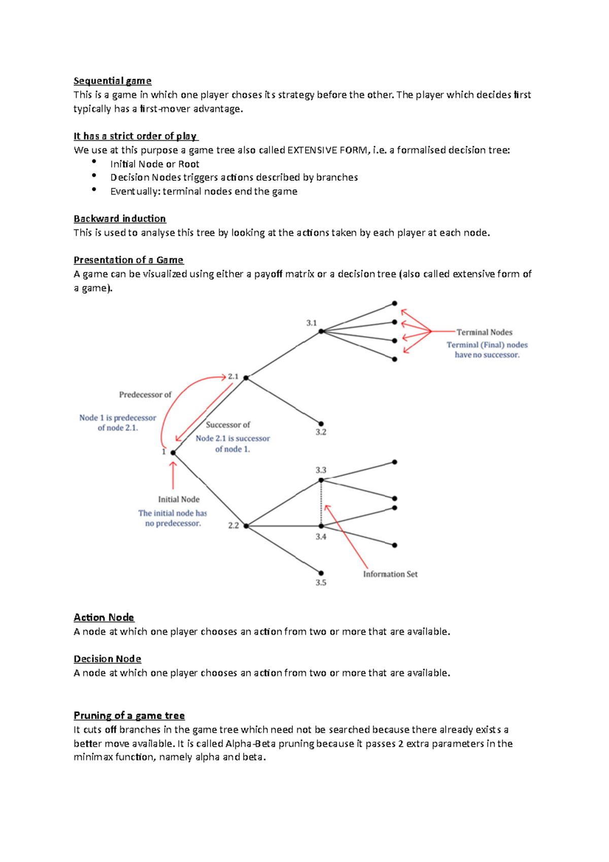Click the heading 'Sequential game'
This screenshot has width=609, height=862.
tap(112, 81)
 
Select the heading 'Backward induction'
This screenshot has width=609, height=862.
tap(120, 219)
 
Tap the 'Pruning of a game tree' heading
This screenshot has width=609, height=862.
tap(129, 716)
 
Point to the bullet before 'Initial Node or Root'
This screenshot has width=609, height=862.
tap(94, 161)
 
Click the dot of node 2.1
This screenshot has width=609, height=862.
tap(246, 378)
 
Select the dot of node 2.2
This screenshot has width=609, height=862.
tap(246, 526)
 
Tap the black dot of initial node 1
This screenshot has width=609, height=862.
tap(173, 452)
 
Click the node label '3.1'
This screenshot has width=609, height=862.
tap(312, 323)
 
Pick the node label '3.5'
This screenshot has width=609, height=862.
tap(321, 583)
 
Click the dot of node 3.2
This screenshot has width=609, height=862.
tap(321, 423)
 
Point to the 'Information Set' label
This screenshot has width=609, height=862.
tap(390, 574)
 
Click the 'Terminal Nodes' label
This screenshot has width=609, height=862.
tap(484, 333)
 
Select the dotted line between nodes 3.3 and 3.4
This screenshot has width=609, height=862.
tap(321, 503)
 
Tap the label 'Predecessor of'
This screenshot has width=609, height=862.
tap(145, 394)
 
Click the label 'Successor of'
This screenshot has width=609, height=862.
tap(228, 425)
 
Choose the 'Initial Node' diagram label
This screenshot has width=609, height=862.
tap(179, 500)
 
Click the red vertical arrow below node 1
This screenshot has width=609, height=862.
tap(173, 475)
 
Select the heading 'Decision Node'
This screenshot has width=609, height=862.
tap(107, 659)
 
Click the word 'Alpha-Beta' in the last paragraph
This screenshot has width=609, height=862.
tap(247, 744)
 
